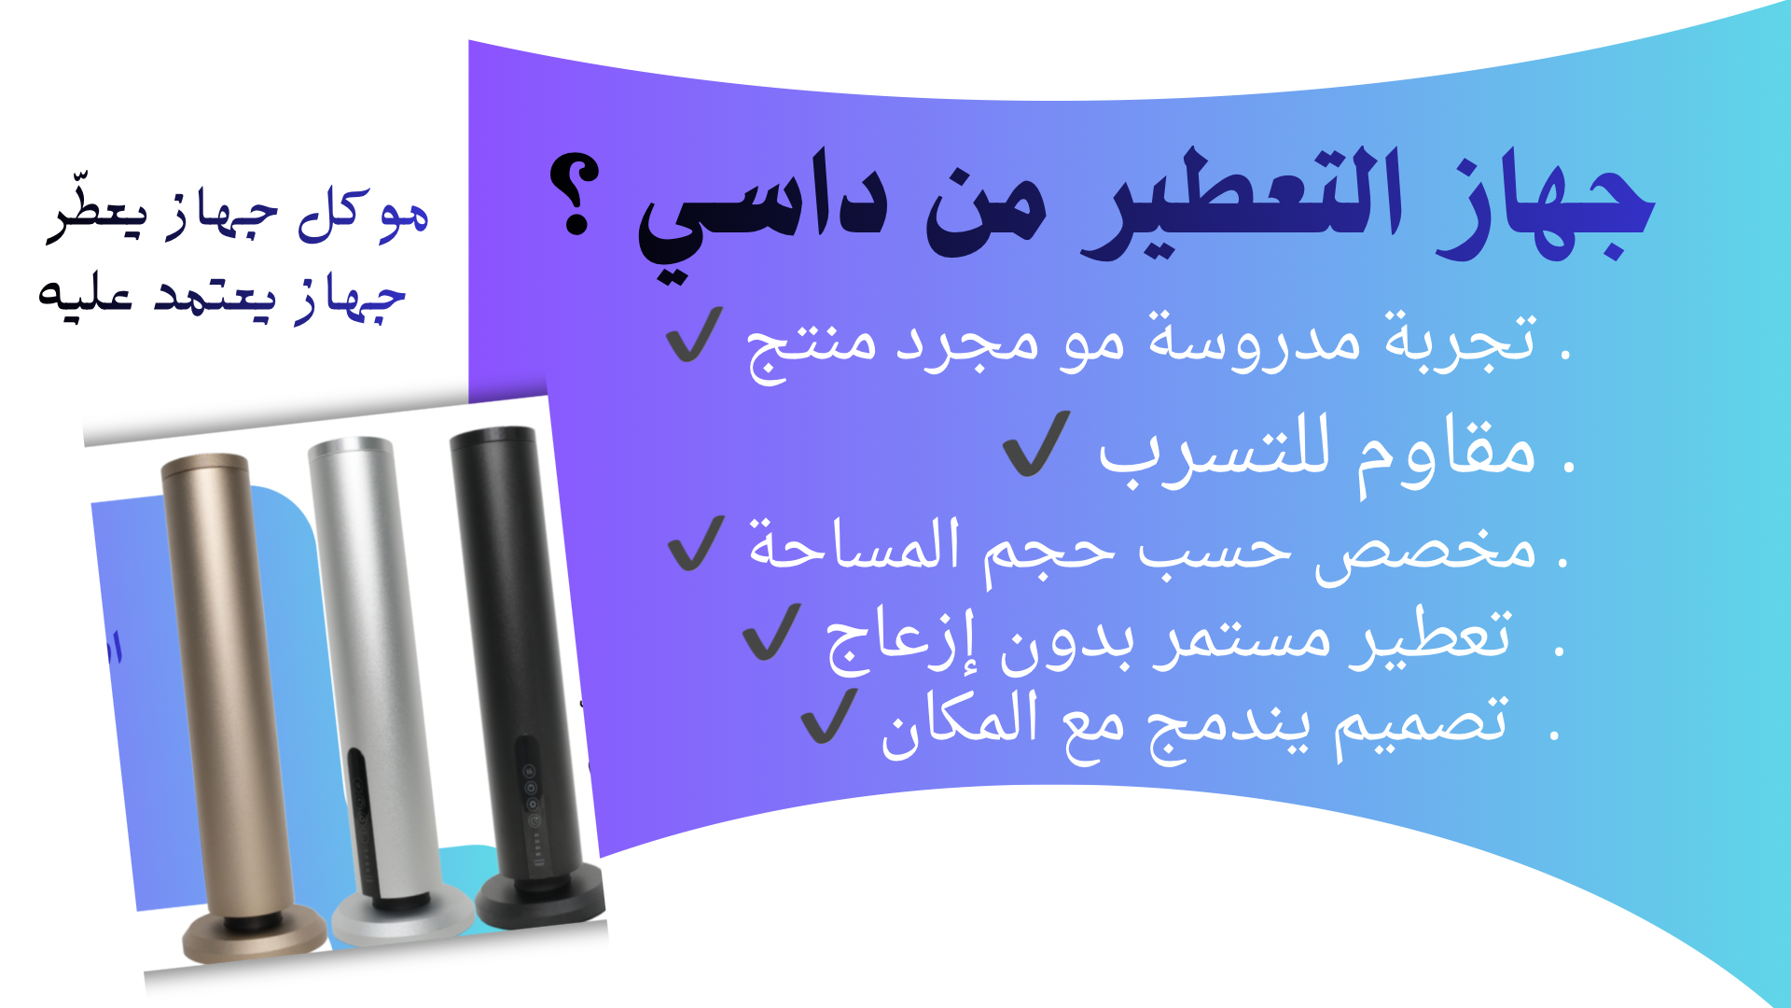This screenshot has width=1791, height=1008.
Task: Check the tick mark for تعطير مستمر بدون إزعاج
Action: click(771, 632)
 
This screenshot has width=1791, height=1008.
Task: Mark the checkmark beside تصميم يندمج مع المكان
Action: click(829, 716)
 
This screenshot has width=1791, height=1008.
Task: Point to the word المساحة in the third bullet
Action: click(854, 544)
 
